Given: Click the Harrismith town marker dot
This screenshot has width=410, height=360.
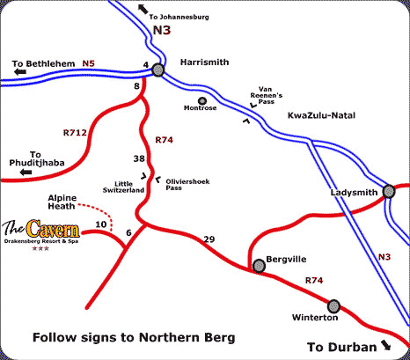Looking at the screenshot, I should click(x=157, y=70).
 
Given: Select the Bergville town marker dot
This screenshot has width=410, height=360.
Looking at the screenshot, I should click(x=257, y=264).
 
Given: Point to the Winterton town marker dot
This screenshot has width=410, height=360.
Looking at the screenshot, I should click(x=333, y=305).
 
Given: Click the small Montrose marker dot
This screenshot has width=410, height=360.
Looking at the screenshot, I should click(x=202, y=99).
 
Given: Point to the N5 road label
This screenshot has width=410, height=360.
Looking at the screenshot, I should click(x=89, y=62).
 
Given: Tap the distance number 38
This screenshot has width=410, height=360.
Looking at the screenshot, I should click(x=137, y=159).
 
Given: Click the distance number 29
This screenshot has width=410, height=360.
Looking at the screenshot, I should click(x=209, y=239).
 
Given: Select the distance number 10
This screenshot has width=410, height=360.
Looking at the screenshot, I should click(x=100, y=225).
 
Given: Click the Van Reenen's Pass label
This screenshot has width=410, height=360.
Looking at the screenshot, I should click(x=267, y=92).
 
